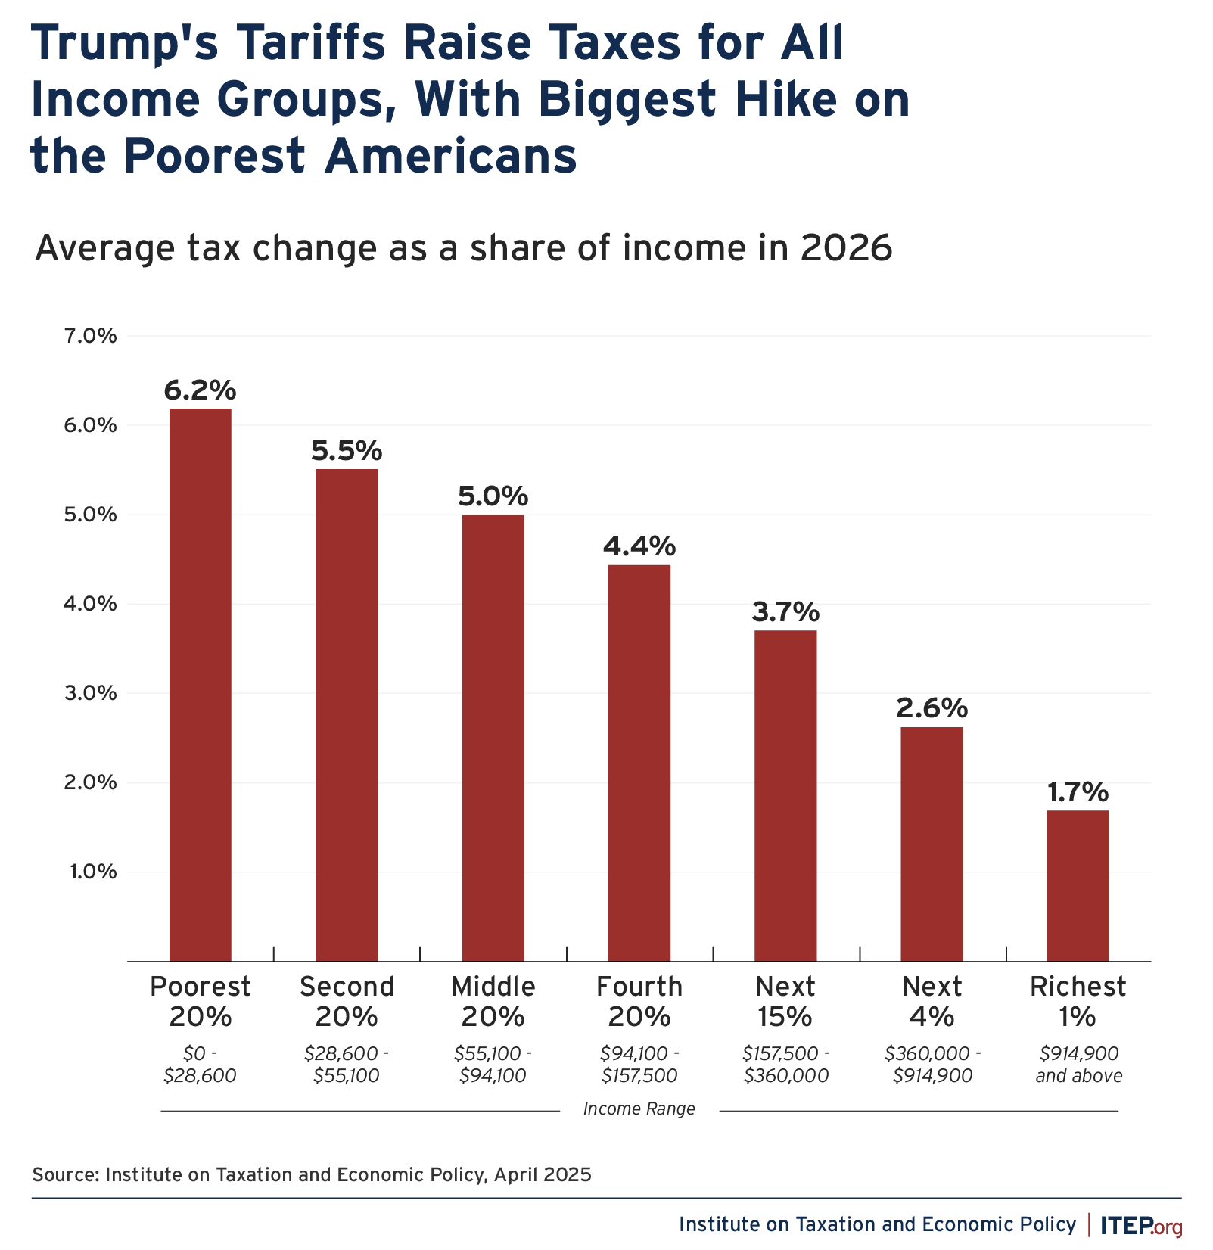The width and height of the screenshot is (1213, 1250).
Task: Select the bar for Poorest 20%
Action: pos(200,685)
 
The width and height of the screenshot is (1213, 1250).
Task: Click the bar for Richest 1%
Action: pos(1078,885)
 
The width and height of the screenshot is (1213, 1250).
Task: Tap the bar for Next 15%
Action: pos(785,795)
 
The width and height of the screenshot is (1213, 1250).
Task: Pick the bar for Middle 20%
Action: pos(493,738)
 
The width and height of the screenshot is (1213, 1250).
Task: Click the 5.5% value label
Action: pos(347,452)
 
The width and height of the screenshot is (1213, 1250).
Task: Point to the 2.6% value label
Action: pos(932,709)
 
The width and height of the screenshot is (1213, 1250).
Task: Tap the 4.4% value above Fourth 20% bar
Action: pos(639,546)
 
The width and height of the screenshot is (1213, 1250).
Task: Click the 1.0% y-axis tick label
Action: pos(93,872)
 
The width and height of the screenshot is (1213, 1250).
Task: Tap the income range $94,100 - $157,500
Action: pos(639,1065)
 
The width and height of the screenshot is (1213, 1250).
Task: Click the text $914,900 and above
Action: pos(1078,1065)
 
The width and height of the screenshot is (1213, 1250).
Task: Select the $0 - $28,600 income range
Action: pos(200,1065)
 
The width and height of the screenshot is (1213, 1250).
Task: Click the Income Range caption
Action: pos(639,1109)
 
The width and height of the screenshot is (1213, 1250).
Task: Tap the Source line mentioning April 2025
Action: pos(311,1174)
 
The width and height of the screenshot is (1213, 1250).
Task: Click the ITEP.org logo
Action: pos(1140,1225)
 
